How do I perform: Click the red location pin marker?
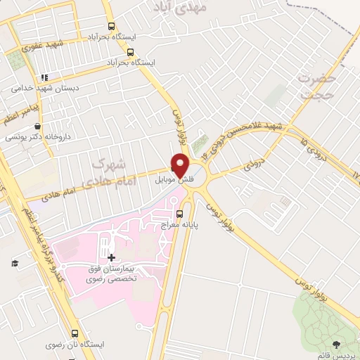pyautogui.click(x=181, y=165)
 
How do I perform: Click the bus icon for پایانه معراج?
pyautogui.click(x=179, y=213)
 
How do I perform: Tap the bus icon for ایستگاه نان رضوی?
pyautogui.click(x=75, y=333)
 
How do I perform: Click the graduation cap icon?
pyautogui.click(x=14, y=263)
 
